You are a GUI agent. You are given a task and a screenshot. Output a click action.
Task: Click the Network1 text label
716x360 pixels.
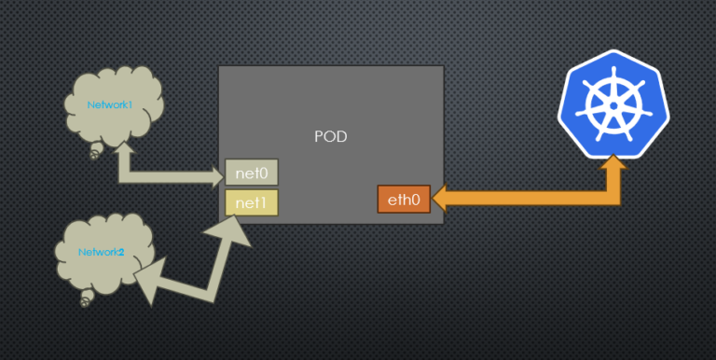[x=110, y=104]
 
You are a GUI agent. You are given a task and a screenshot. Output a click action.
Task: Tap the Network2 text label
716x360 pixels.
[x=102, y=252]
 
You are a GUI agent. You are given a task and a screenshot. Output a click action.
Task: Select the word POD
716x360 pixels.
[x=331, y=136]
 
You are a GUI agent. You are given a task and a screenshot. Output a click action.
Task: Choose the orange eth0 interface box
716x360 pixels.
[x=404, y=200]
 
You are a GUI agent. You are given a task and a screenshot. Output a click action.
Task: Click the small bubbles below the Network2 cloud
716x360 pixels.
[x=87, y=298]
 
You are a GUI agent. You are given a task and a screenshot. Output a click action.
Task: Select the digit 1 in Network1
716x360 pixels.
[x=131, y=104]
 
